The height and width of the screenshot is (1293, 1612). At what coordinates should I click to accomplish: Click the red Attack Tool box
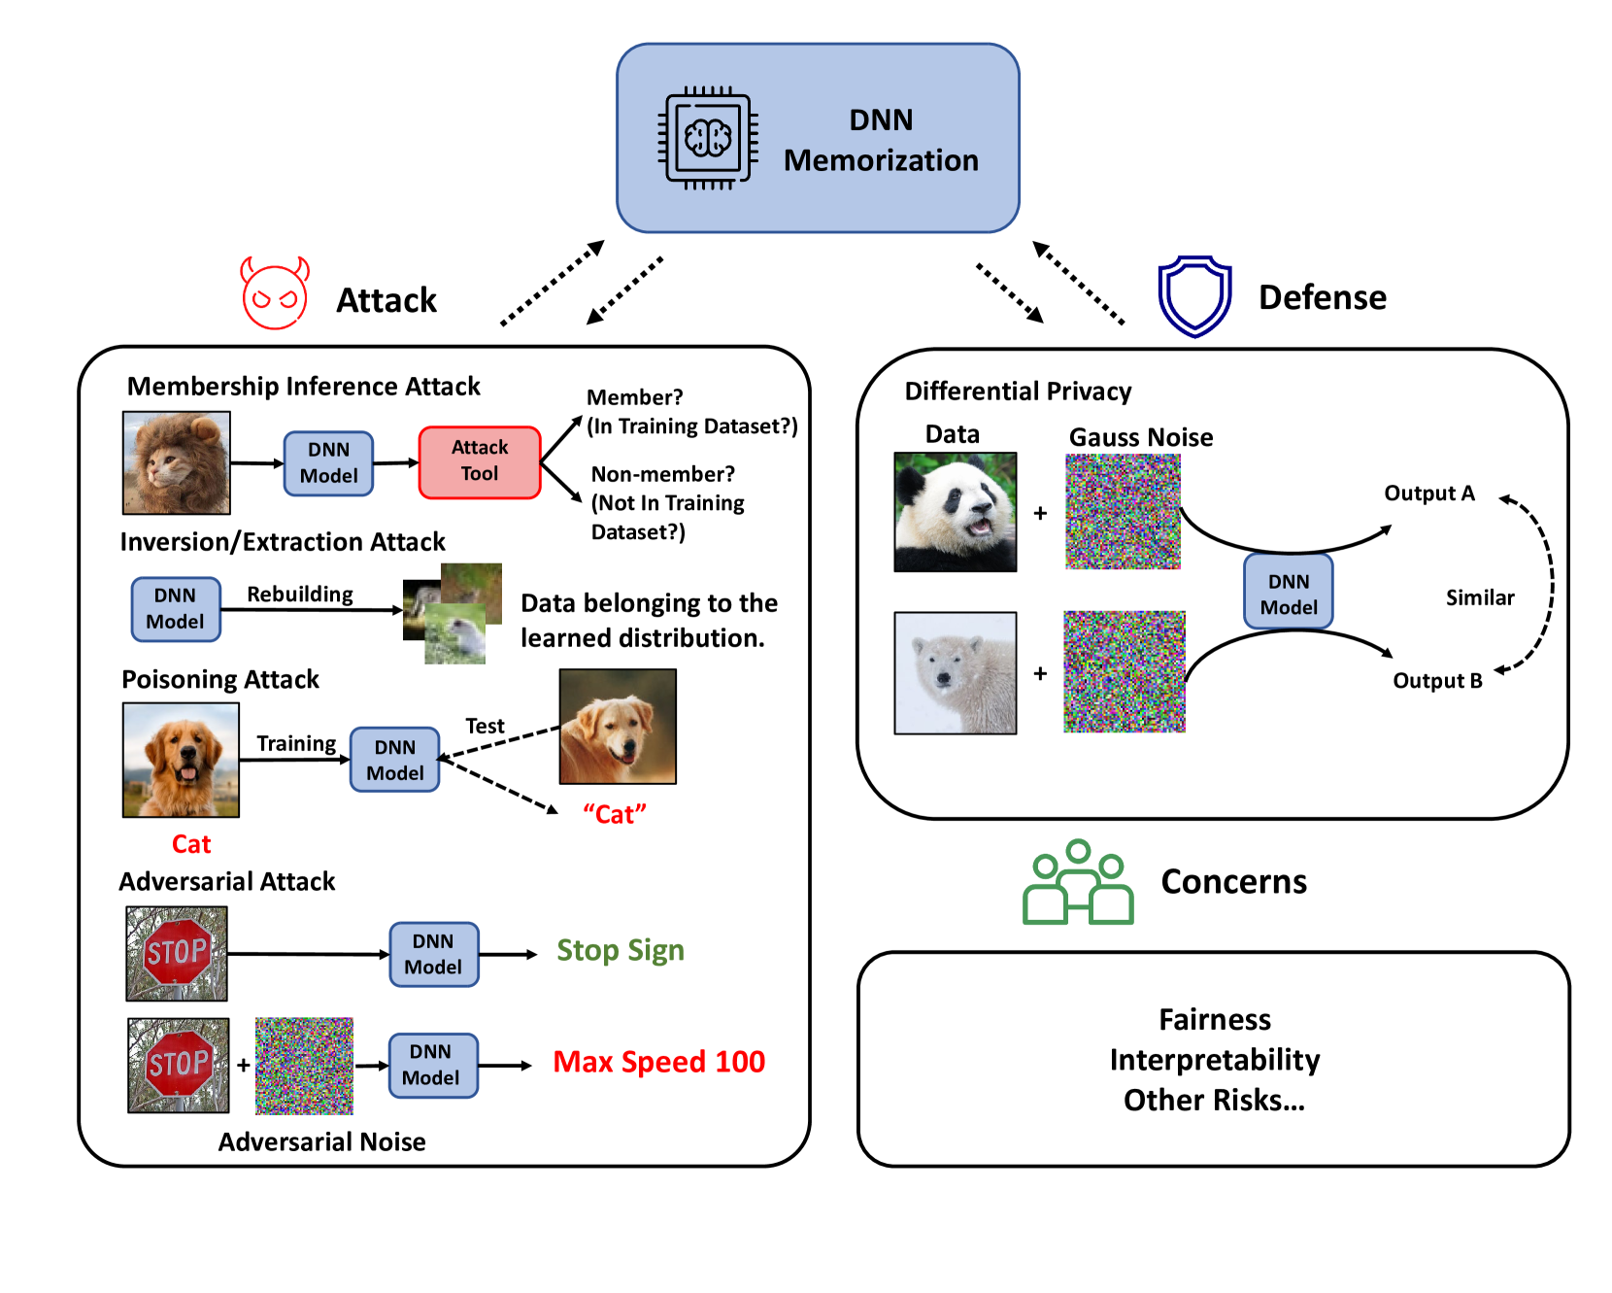pyautogui.click(x=480, y=462)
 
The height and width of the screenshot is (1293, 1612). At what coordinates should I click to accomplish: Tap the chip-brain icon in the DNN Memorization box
pyautogui.click(x=708, y=138)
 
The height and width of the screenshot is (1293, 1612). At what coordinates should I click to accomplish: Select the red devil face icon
pyautogui.click(x=275, y=293)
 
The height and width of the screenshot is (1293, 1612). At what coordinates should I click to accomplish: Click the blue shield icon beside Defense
pyautogui.click(x=1194, y=296)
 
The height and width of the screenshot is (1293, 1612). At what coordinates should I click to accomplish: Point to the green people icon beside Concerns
pyautogui.click(x=1078, y=882)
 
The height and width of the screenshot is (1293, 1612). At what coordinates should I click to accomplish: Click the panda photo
pyautogui.click(x=956, y=512)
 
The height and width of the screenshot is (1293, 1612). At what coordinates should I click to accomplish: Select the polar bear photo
pyautogui.click(x=956, y=672)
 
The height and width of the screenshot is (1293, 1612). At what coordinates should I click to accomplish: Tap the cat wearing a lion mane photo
pyautogui.click(x=177, y=462)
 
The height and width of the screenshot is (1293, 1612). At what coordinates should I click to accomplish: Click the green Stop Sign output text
pyautogui.click(x=621, y=950)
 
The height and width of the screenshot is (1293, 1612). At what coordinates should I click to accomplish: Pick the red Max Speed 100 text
pyautogui.click(x=659, y=1062)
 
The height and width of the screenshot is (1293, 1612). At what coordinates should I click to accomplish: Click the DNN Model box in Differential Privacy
pyautogui.click(x=1289, y=592)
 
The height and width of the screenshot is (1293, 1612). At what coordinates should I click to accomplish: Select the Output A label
pyautogui.click(x=1429, y=493)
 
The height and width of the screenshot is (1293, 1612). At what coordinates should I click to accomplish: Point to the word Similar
pyautogui.click(x=1480, y=597)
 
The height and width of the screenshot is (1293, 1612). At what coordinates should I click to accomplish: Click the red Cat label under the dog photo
pyautogui.click(x=191, y=844)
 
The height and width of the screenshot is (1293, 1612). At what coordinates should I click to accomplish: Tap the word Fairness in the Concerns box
pyautogui.click(x=1215, y=1019)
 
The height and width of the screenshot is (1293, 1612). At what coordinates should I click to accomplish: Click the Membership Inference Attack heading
pyautogui.click(x=304, y=387)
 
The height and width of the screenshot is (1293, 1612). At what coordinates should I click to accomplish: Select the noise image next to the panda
pyautogui.click(x=1123, y=512)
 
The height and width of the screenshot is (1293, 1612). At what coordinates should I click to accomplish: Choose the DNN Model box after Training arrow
pyautogui.click(x=394, y=760)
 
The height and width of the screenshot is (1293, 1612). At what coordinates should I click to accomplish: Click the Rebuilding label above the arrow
pyautogui.click(x=300, y=595)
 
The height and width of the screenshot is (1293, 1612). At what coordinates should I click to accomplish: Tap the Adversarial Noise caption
pyautogui.click(x=322, y=1141)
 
